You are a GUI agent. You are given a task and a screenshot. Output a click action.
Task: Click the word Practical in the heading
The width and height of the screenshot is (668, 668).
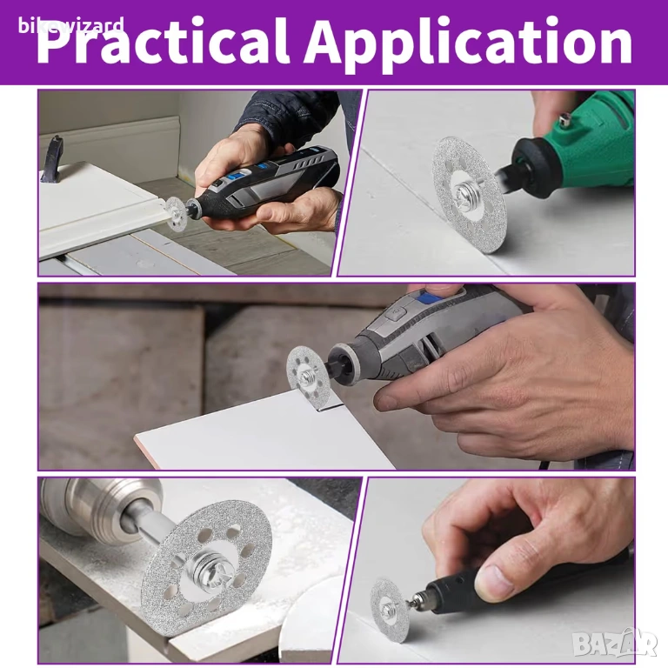click(x=163, y=42)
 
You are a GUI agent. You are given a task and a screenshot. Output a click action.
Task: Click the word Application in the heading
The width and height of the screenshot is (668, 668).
click(x=468, y=42)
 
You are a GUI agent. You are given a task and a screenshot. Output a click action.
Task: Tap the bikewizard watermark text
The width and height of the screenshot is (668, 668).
click(x=71, y=25)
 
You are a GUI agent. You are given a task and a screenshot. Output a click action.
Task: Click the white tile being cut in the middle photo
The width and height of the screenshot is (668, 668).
click(x=264, y=431)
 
